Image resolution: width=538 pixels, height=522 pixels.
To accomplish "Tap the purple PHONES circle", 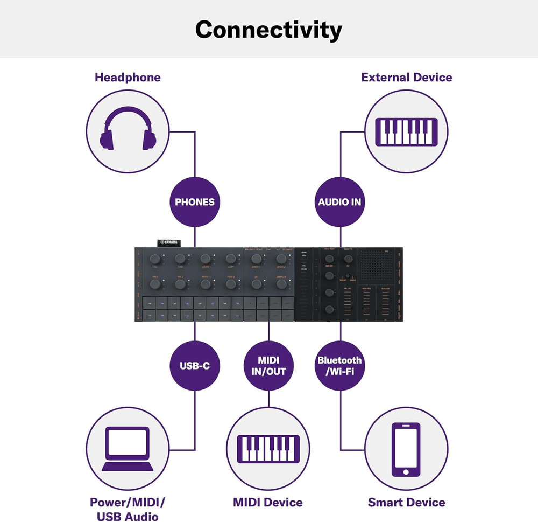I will (194, 202).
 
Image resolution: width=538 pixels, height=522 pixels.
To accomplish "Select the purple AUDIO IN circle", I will (339, 202).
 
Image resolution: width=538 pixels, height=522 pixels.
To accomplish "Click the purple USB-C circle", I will (194, 366).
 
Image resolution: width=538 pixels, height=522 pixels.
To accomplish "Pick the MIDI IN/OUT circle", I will (268, 366).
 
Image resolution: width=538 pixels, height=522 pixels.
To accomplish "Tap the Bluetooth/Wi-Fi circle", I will (339, 366).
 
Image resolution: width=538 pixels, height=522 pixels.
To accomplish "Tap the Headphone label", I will (128, 77).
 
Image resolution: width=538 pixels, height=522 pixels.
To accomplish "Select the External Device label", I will (407, 77).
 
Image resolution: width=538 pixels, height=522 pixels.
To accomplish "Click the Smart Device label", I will (407, 503).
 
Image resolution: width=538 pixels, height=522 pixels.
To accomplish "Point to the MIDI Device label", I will (268, 503).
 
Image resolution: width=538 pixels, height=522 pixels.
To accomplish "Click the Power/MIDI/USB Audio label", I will (128, 510).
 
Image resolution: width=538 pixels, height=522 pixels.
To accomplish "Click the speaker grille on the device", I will (377, 265).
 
